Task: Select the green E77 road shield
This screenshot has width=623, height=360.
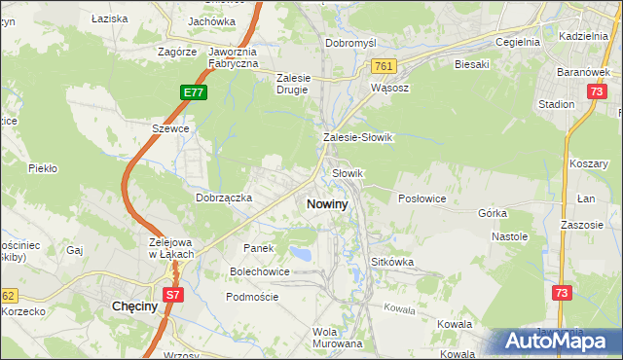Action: [x=194, y=92]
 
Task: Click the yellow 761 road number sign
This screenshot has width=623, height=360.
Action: [x=382, y=65]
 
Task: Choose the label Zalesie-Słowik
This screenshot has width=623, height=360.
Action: [x=357, y=138]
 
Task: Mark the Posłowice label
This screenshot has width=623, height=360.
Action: [x=421, y=198]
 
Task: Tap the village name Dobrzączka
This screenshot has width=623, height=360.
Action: [x=225, y=198]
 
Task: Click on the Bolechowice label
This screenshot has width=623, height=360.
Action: [x=259, y=271]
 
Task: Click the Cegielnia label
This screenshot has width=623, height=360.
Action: [x=517, y=42]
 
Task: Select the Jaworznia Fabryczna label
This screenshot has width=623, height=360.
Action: [x=233, y=57]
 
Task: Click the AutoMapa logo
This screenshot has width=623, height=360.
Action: [x=556, y=341]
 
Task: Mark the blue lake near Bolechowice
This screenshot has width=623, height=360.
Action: [x=302, y=255]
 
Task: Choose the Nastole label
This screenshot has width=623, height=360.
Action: [x=509, y=236]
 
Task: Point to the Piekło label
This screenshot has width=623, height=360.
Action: [x=43, y=168]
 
